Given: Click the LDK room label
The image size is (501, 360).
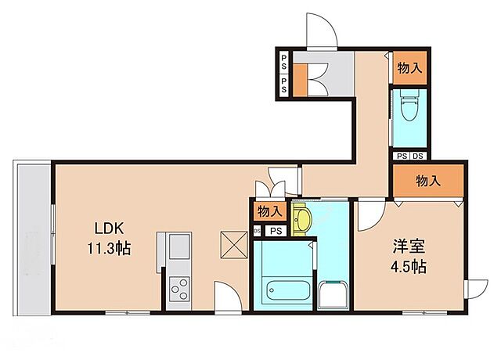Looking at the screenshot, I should pos(110,229).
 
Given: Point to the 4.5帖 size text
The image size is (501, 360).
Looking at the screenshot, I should pos(408,267).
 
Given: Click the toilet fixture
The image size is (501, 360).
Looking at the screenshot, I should pos(408,108).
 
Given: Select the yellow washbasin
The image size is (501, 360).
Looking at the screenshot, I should pos(301,220).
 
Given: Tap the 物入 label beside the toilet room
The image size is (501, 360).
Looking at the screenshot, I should pos(408,68).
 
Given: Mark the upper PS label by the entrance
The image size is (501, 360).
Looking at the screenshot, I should pos(285,58).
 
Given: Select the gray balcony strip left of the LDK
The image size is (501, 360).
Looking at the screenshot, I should pos(32,235).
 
